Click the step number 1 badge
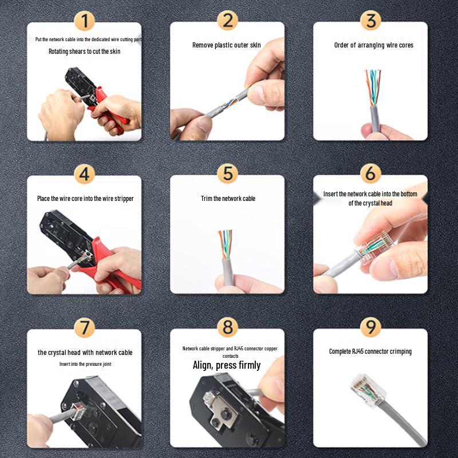click(85, 21)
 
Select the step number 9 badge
click(370, 327)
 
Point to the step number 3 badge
click(370, 21)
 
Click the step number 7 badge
click(85, 327)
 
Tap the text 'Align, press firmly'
click(226, 365)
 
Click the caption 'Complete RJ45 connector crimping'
click(370, 352)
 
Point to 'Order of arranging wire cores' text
click(373, 45)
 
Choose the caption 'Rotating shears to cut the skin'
click(84, 52)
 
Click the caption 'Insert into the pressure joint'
click(85, 364)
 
